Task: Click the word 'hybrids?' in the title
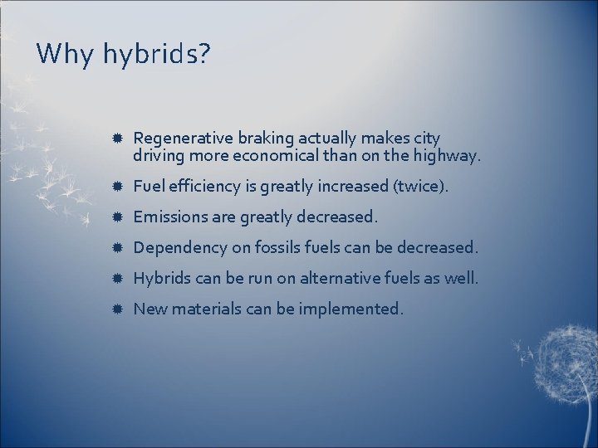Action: tap(157, 56)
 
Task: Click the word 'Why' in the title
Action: tap(66, 55)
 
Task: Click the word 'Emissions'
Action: tap(169, 217)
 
